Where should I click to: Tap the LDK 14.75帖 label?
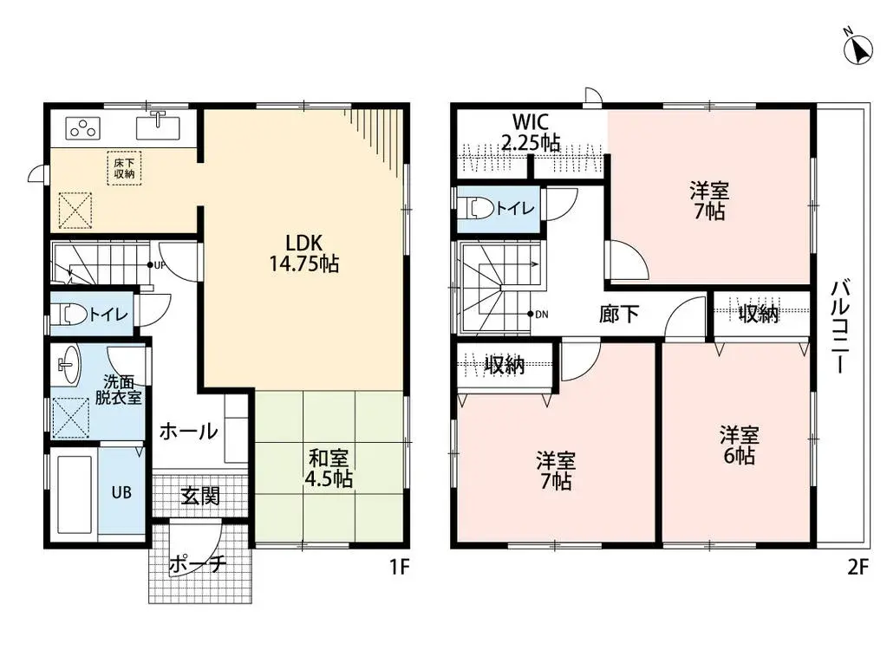pos(303,252)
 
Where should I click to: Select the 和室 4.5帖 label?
pos(330,468)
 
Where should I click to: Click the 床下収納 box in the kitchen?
pos(121,167)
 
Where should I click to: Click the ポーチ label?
pos(198,564)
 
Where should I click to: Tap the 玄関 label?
pos(199,496)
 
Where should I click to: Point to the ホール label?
pos(187,431)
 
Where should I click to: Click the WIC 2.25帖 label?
pos(531,133)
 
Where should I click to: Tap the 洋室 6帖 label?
pos(739,445)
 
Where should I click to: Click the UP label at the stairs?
pos(160,265)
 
